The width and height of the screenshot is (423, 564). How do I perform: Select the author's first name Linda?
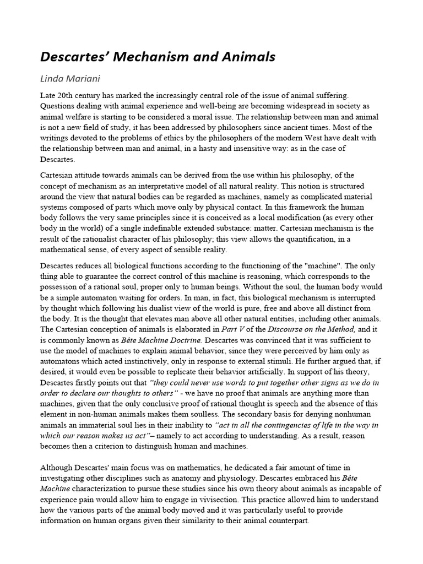[53, 79]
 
